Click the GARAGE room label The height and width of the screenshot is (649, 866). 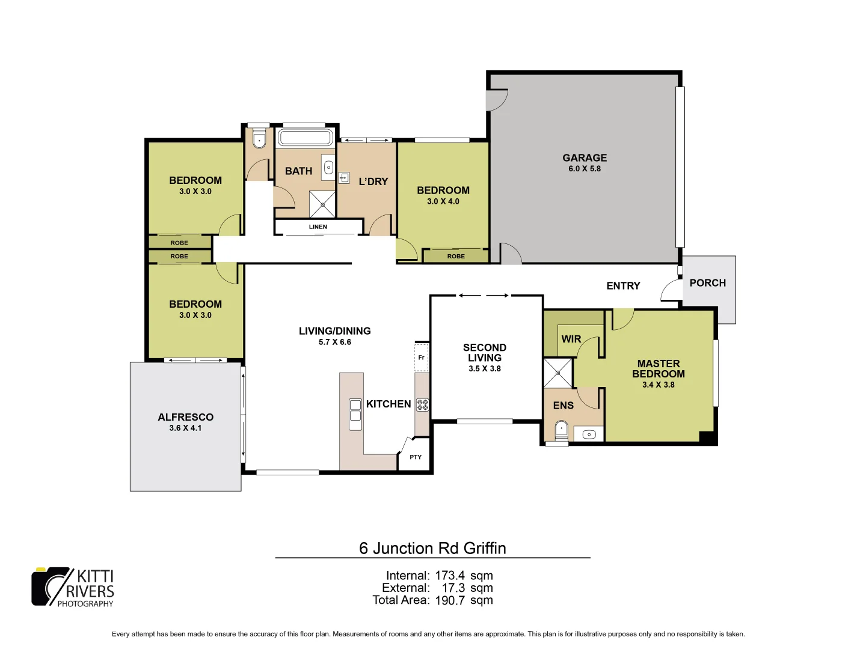(585, 157)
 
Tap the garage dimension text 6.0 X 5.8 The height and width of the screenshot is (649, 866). (585, 169)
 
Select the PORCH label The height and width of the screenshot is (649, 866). (707, 282)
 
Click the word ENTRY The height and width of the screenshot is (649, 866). (623, 286)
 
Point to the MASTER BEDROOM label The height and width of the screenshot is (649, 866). (658, 368)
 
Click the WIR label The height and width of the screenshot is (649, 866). (571, 339)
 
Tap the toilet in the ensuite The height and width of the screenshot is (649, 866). (560, 428)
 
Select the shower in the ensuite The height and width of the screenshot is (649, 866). (557, 373)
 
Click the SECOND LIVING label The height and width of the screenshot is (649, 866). (484, 352)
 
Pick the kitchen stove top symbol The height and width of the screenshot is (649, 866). (422, 404)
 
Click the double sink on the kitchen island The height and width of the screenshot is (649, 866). (355, 414)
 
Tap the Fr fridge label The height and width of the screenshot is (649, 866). (421, 358)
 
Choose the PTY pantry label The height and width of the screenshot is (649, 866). (416, 457)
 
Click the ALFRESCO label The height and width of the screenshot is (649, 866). (185, 417)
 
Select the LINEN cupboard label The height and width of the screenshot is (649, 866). (318, 227)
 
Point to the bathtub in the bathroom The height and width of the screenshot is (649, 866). (305, 138)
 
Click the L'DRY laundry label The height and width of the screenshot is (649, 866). (373, 181)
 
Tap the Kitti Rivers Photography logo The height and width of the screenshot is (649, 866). (73, 587)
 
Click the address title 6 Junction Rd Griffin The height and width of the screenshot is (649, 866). (432, 548)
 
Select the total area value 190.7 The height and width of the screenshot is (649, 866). (450, 600)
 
